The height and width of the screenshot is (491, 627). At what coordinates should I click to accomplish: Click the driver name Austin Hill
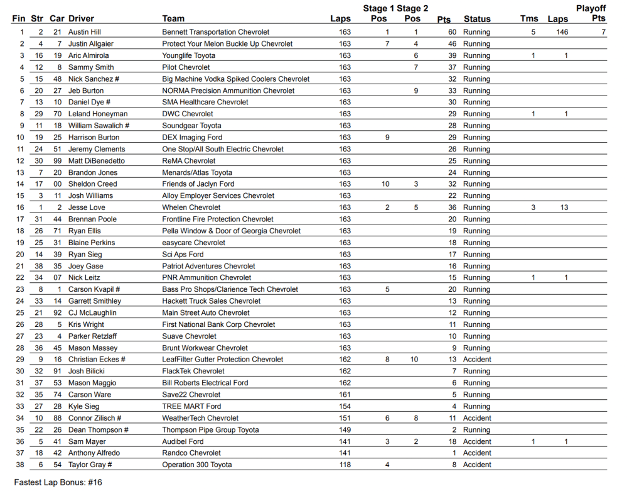85,32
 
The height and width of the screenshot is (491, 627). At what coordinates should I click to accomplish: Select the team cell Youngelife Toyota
188,55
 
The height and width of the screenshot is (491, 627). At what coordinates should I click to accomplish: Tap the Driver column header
81,19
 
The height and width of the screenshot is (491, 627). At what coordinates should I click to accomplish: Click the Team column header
173,19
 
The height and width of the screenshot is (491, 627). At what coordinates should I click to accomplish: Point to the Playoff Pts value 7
603,32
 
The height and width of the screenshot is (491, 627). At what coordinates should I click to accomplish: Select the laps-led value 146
562,32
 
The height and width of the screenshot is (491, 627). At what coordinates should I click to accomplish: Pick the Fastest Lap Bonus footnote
58,482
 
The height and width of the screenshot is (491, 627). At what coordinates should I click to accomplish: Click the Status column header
477,19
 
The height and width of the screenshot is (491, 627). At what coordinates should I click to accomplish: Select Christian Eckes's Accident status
477,360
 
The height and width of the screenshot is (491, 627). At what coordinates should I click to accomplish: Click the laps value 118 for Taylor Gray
345,465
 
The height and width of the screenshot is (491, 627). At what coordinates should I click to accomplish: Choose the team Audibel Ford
183,441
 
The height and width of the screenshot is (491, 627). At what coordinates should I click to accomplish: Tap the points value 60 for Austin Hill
452,32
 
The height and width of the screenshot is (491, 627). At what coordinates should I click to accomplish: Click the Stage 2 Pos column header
412,13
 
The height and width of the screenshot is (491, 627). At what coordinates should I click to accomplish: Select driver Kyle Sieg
83,406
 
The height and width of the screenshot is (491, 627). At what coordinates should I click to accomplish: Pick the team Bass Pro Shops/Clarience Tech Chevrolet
230,289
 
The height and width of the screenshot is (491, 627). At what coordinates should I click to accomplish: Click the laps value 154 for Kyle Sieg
345,406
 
